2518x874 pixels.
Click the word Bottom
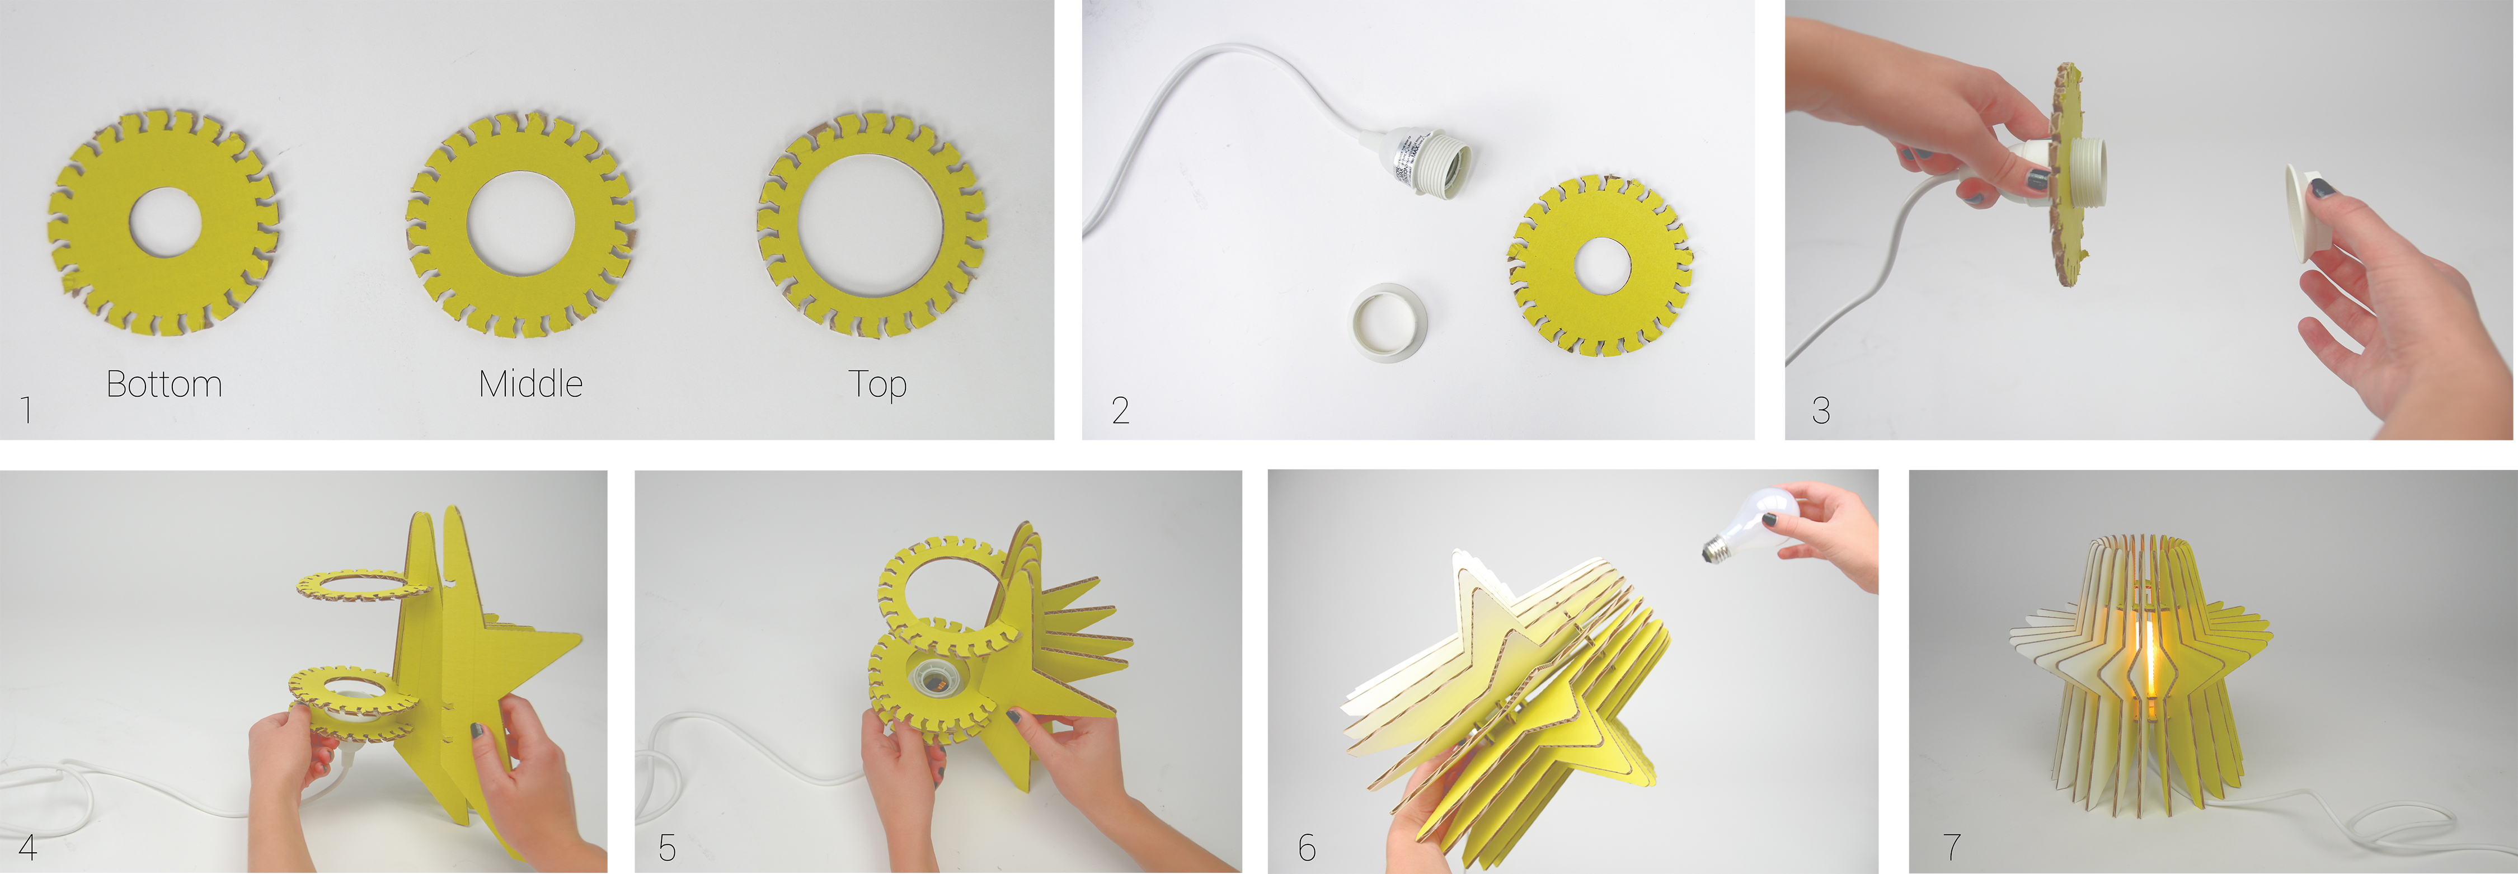pyautogui.click(x=164, y=384)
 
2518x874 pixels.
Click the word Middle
pyautogui.click(x=531, y=384)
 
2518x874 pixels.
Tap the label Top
pyautogui.click(x=878, y=385)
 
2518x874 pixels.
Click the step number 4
pyautogui.click(x=29, y=847)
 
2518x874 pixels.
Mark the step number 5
pyautogui.click(x=668, y=847)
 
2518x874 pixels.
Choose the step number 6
pyautogui.click(x=1307, y=847)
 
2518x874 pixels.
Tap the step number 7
pyautogui.click(x=1952, y=847)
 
